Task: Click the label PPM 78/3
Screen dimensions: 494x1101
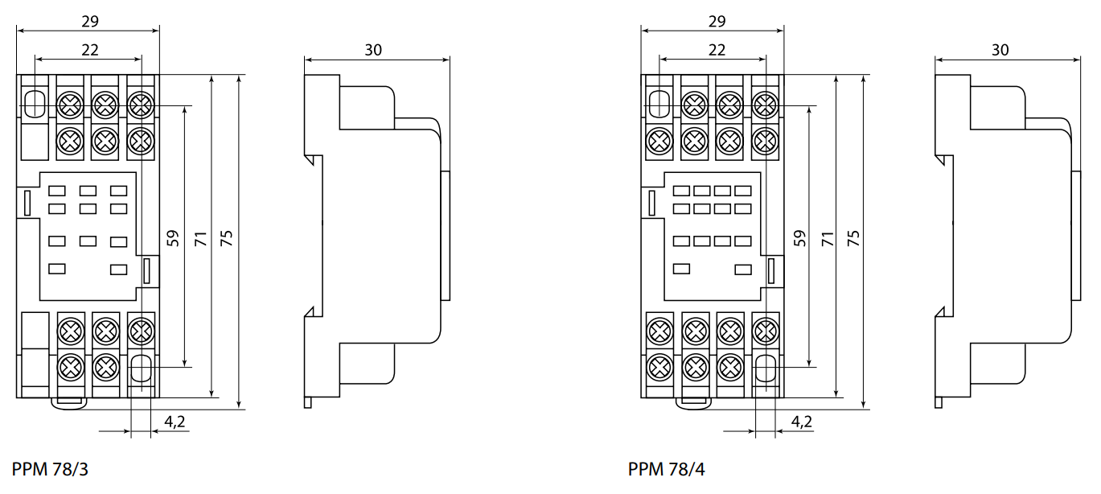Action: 50,469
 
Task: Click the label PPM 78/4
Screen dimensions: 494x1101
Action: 667,469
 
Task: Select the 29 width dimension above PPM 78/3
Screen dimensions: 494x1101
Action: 89,21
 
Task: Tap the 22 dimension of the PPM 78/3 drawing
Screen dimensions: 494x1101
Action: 89,49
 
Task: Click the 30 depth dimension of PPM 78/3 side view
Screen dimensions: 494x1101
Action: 373,49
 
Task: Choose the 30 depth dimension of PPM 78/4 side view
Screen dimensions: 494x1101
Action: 1000,49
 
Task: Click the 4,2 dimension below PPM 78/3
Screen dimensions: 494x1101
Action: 174,421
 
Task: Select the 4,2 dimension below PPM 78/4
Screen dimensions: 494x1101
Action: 801,421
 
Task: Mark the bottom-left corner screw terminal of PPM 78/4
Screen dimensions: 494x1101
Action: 660,367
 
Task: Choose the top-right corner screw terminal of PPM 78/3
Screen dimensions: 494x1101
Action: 141,104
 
